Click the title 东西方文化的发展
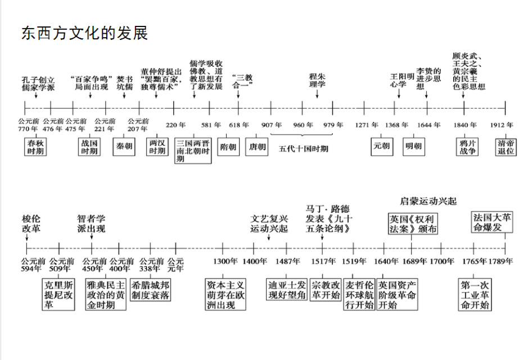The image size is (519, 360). (84, 33)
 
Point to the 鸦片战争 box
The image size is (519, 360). (466, 147)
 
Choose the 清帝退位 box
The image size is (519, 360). (505, 147)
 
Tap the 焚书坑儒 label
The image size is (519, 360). (124, 83)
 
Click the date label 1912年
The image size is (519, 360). (501, 125)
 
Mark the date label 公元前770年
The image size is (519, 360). (28, 125)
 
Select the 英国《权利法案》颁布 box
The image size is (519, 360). (413, 223)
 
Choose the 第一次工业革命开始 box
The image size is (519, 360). (475, 294)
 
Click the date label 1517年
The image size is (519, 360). (322, 261)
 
